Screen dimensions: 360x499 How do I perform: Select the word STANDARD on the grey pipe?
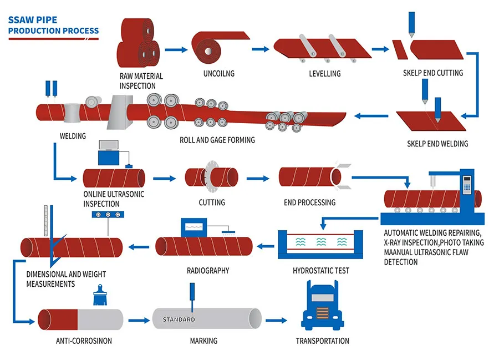(179, 320)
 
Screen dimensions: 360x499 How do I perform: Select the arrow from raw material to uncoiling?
(176, 50)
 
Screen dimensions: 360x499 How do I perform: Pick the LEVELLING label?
(324, 73)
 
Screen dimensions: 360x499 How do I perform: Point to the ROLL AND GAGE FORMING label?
(217, 140)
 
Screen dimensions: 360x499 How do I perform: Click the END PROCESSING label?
(309, 202)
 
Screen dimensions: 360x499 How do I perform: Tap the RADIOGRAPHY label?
(208, 271)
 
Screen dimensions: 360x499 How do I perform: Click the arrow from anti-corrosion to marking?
(139, 320)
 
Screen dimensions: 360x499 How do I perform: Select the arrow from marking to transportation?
(276, 320)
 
